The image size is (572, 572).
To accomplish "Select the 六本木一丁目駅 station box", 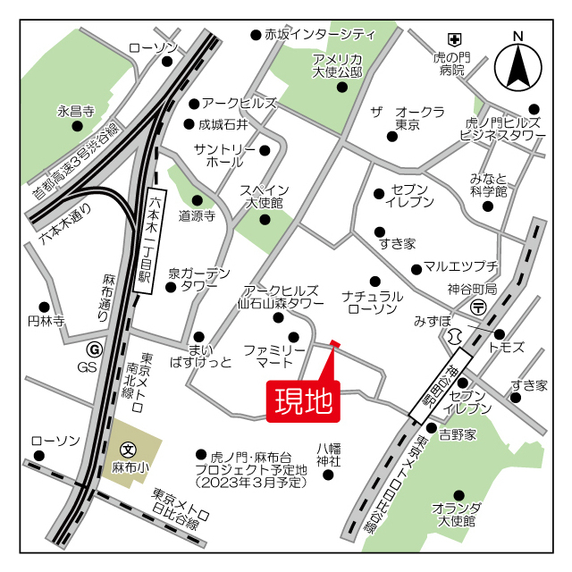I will (147, 241).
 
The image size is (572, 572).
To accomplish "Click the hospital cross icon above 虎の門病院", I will (454, 39).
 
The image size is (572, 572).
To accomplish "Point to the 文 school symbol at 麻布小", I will (127, 450).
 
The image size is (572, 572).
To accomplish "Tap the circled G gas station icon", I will (93, 349).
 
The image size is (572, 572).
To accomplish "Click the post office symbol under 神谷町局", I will (479, 307).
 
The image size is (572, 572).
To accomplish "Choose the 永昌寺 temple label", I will (76, 111).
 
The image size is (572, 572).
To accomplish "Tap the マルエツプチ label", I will (460, 267).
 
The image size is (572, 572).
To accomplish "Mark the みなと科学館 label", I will (489, 185).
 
